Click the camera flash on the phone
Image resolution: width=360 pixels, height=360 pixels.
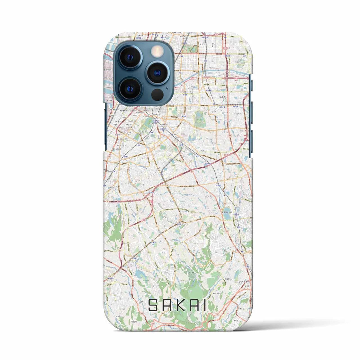[156, 52]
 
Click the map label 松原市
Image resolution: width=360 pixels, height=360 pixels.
[223, 96]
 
